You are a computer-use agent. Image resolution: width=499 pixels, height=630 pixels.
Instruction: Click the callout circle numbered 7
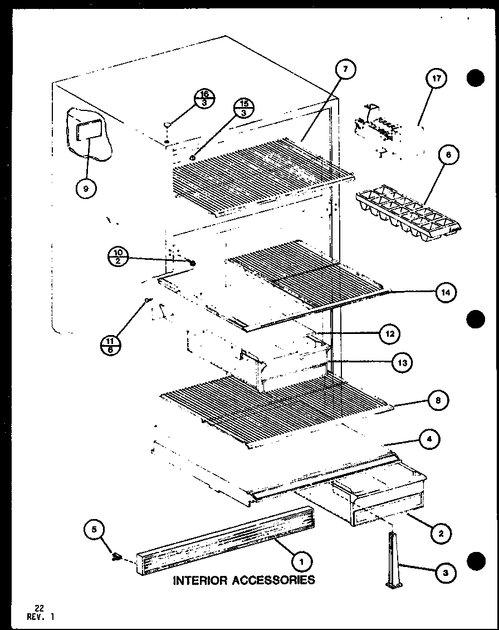[345, 70]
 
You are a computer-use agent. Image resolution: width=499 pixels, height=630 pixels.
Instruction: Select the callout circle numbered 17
[436, 79]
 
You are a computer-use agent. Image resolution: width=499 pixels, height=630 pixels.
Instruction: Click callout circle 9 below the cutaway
[85, 189]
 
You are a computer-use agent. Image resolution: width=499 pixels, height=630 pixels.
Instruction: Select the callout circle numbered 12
[389, 334]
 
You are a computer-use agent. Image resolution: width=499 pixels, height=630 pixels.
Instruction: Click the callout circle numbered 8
[438, 400]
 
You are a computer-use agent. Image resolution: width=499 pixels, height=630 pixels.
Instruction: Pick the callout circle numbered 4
[429, 440]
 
